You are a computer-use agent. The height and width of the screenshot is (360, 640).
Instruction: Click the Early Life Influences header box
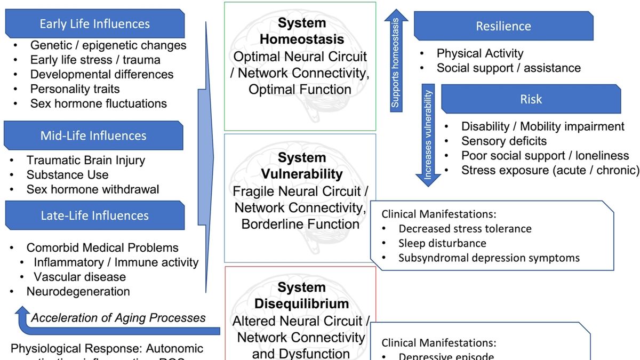click(x=94, y=24)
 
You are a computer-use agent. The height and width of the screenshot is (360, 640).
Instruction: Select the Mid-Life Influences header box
click(x=93, y=135)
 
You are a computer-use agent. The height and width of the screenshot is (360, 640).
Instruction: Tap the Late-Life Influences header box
click(x=94, y=215)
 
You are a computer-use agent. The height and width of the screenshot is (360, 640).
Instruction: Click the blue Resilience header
click(x=503, y=26)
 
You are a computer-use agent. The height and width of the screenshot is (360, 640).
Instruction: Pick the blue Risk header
click(x=530, y=99)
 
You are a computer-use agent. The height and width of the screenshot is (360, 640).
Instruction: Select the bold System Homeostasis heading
click(x=302, y=31)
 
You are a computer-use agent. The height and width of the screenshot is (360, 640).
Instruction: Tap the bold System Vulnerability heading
click(x=302, y=166)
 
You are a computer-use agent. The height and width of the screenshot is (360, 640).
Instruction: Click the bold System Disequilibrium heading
click(x=302, y=296)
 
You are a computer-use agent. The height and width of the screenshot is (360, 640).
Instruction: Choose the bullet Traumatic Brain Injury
click(x=85, y=160)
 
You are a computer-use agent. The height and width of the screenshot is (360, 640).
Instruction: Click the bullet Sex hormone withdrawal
click(x=92, y=189)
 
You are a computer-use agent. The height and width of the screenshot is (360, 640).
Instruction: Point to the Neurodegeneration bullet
click(x=78, y=292)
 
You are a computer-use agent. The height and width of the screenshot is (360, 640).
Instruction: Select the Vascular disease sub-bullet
click(x=79, y=277)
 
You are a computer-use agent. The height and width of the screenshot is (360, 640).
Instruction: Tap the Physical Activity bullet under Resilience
click(x=479, y=53)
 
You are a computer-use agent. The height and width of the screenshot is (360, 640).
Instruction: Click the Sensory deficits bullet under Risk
click(x=503, y=141)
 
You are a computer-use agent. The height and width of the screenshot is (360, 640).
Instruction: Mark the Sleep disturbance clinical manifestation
click(x=442, y=243)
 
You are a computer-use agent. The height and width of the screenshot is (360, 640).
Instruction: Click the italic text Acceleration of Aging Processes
click(x=118, y=318)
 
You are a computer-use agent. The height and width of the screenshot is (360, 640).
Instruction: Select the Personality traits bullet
click(x=75, y=89)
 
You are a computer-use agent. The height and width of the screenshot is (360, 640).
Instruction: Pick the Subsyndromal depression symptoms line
click(x=489, y=258)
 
